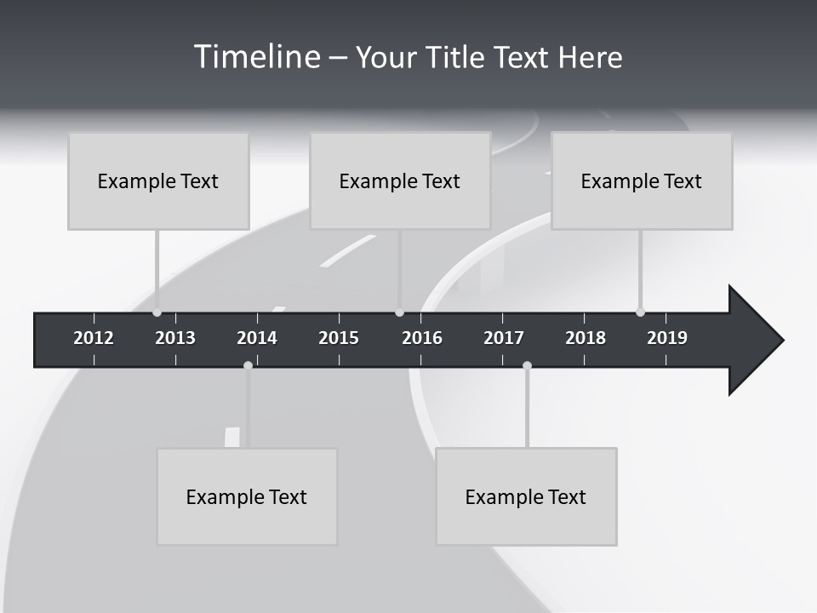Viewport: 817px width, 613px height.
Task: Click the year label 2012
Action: [x=94, y=338]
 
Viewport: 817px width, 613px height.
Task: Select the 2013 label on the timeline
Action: [x=175, y=338]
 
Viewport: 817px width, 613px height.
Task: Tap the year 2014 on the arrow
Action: [x=257, y=338]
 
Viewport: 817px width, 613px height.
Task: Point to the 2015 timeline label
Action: [x=339, y=338]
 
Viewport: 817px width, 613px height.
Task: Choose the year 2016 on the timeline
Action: [x=422, y=338]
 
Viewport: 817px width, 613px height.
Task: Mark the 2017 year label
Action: [x=504, y=338]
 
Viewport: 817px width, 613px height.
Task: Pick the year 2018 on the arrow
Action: [x=586, y=338]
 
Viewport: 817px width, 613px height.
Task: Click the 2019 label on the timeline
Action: [x=667, y=338]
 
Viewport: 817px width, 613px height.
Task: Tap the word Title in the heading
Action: [x=456, y=57]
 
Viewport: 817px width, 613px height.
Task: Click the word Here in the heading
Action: [x=590, y=57]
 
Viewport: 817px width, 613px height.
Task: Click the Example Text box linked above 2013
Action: [x=158, y=180]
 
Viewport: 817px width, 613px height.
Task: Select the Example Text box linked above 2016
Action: [x=400, y=180]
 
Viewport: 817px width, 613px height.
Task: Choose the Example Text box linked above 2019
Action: [x=642, y=180]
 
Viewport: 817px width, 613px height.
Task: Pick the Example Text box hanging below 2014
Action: [x=247, y=496]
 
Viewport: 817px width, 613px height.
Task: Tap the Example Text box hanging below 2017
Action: [x=526, y=496]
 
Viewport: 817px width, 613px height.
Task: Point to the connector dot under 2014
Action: [x=248, y=365]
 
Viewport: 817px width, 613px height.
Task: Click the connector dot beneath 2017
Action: [x=527, y=365]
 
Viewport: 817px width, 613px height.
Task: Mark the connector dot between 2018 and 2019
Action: [x=640, y=312]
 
